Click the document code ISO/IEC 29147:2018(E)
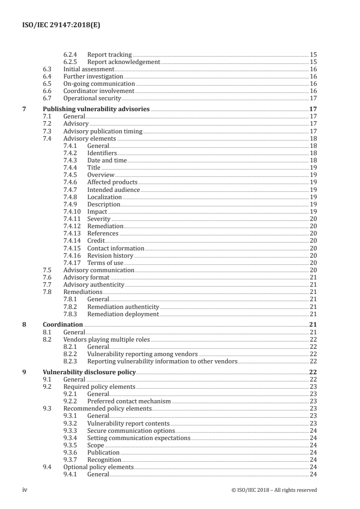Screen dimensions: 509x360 61,26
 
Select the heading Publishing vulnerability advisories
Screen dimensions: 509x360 96,109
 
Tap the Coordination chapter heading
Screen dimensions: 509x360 63,325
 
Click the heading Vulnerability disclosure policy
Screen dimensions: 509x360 89,372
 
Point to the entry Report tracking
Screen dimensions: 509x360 109,55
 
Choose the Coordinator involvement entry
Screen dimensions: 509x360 99,91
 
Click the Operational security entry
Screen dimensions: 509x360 92,98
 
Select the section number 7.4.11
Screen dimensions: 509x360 72,219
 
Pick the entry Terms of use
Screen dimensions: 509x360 105,263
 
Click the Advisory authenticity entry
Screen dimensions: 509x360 94,285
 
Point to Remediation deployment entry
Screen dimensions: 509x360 123,314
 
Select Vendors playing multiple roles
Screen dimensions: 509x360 106,339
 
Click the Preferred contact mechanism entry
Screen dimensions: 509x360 129,401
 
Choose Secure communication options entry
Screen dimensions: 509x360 131,431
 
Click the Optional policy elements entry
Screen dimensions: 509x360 98,467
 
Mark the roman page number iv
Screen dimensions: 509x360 25,490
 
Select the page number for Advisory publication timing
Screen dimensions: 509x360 313,131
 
